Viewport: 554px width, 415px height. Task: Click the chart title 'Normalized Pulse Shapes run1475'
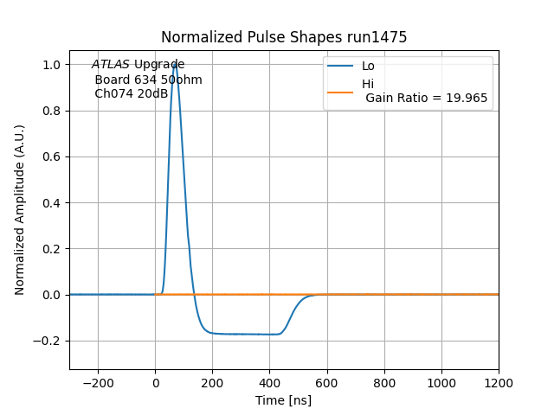284,37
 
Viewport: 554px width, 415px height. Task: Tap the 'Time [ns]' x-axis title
283,400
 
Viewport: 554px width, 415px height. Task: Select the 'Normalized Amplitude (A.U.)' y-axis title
20,210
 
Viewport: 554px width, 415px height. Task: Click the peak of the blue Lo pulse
175,63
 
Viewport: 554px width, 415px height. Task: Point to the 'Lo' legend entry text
368,66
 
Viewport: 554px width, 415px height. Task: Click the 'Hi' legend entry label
368,84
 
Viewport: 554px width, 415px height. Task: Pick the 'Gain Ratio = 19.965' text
426,98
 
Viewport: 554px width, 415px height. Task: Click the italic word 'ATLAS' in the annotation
111,65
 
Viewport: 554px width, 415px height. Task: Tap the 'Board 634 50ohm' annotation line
148,80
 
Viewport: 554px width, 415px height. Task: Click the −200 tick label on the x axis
98,383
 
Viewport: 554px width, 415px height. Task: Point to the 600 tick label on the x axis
384,383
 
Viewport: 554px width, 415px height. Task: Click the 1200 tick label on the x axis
499,383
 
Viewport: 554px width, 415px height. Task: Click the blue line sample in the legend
340,66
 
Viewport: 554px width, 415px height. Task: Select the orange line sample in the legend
340,91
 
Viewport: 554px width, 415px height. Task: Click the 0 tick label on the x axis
155,383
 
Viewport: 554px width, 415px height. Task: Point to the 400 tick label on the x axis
327,383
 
